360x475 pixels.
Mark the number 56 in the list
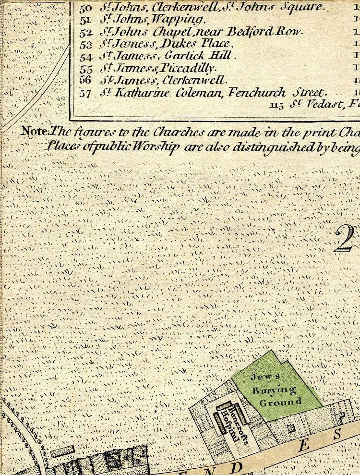point(85,80)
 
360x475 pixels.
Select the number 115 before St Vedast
point(277,103)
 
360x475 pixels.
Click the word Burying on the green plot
point(274,389)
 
